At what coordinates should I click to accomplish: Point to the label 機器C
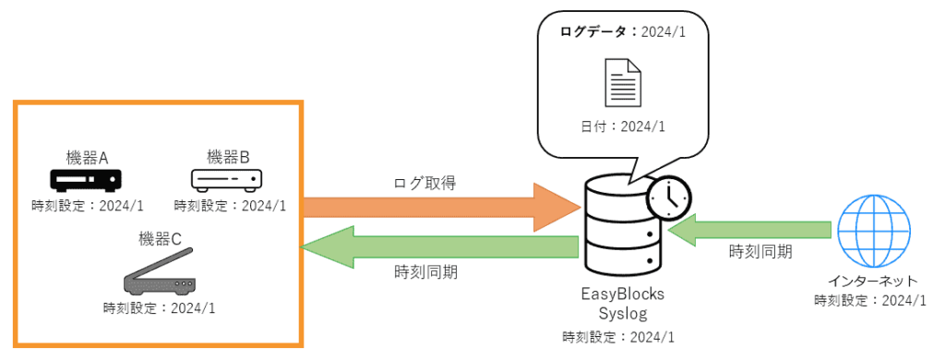159,239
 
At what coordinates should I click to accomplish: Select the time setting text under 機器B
229,205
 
